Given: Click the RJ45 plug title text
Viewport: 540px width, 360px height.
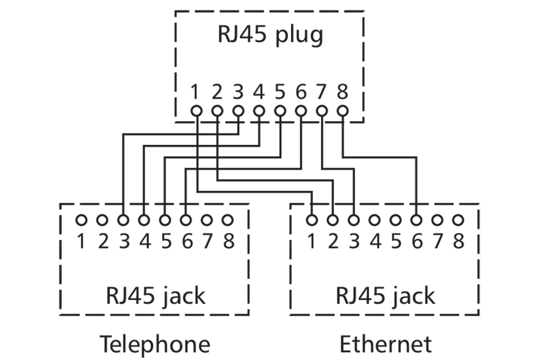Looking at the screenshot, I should (270, 35).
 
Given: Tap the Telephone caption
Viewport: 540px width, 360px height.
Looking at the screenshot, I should (155, 344).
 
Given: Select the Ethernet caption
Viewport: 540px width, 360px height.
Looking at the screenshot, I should (385, 344).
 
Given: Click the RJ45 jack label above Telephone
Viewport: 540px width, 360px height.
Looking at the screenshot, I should (155, 296).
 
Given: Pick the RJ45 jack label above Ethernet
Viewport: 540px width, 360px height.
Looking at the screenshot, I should (385, 296).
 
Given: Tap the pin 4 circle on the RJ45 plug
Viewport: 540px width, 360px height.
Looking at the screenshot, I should (259, 111).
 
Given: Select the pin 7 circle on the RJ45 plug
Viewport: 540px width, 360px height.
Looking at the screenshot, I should (321, 111).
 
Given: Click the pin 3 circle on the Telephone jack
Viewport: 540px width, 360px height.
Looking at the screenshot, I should (123, 220).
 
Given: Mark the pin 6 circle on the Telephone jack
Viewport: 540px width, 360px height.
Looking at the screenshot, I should (186, 220).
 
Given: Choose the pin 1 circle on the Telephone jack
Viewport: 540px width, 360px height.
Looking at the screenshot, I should (81, 220).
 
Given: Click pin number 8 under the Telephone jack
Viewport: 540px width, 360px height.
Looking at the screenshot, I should (229, 242).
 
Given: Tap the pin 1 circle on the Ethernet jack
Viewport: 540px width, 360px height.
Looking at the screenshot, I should (312, 220).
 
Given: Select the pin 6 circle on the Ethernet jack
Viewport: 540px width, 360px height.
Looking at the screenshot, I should (416, 220).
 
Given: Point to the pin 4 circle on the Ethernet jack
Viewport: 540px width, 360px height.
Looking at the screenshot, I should (374, 220).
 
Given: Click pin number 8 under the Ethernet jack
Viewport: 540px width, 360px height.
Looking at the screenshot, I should (458, 242).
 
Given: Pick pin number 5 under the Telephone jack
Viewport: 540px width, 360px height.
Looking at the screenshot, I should (166, 242).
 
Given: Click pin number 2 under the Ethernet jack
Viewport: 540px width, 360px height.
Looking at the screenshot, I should (333, 242).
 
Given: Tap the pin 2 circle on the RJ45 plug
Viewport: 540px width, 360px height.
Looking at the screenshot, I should (217, 111).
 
